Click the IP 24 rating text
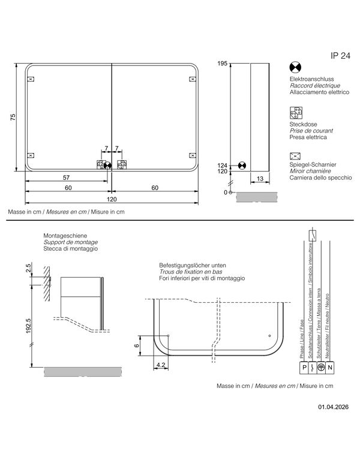(x=340, y=56)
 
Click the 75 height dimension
(x=13, y=117)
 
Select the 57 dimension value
(x=66, y=178)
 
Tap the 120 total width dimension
(x=112, y=199)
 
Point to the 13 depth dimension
(x=260, y=179)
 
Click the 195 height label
(x=222, y=64)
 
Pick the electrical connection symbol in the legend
(x=295, y=68)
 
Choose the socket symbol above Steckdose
(x=296, y=113)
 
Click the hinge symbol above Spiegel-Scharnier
(x=295, y=156)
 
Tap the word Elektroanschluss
(x=311, y=79)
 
